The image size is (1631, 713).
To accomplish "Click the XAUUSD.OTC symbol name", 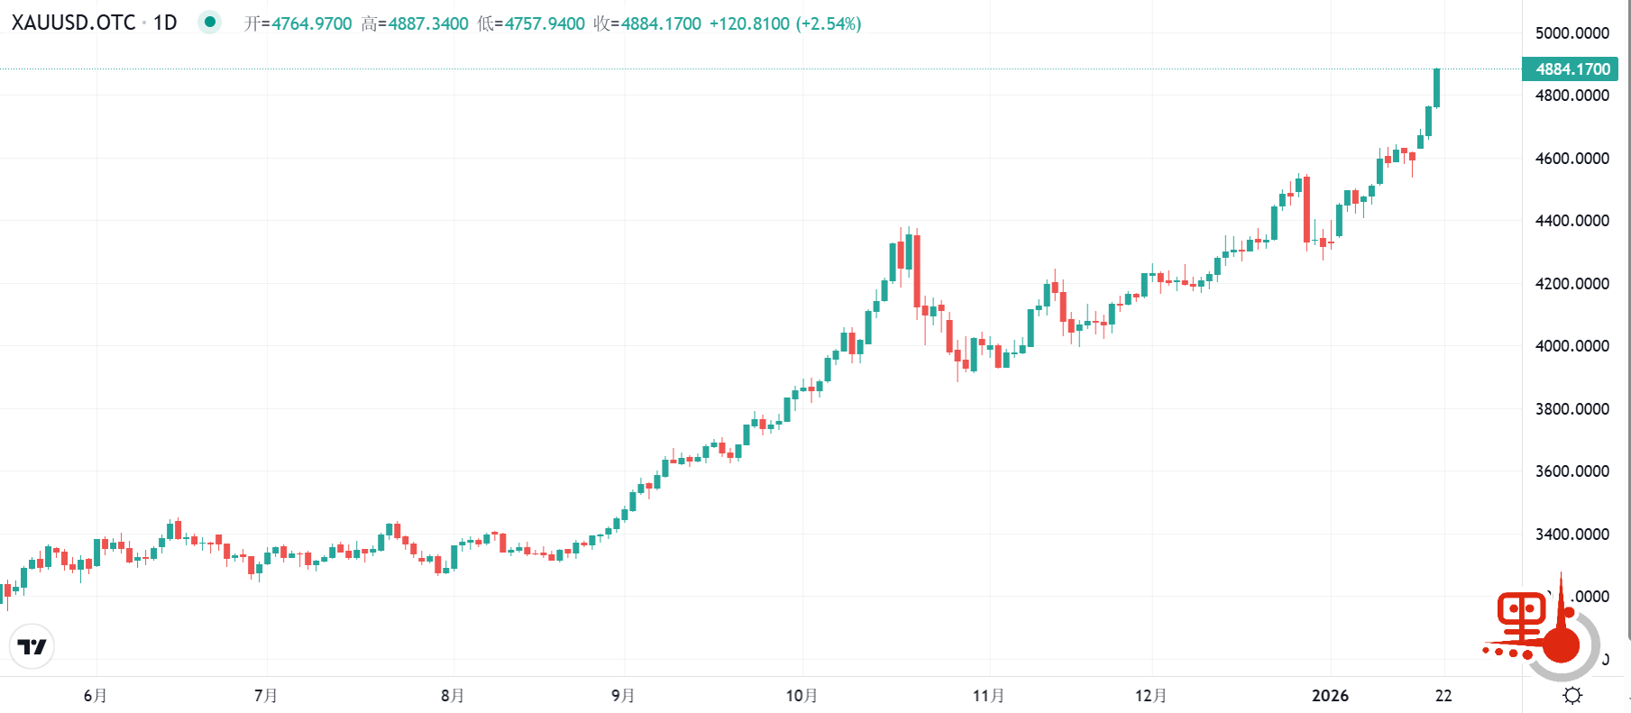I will coord(73,23).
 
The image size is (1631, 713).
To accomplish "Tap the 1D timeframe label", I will coord(165,23).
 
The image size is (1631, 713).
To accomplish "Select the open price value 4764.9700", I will coord(312,23).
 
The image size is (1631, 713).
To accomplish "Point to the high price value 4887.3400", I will coord(428,23).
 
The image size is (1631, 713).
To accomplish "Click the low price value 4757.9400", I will coord(545,23).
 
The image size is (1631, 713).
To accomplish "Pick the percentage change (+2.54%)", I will coord(829,23).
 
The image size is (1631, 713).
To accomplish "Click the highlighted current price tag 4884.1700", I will coord(1571,69).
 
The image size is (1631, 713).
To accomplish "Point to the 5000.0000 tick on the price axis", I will coord(1571,33).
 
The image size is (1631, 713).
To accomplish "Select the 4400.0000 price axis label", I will coord(1571,221).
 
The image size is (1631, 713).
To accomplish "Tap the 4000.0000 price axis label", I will coord(1571,346).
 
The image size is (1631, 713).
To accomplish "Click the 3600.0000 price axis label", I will coord(1571,471).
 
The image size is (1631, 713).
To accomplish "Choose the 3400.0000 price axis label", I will coord(1571,535).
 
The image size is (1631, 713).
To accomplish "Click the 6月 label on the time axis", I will coord(95,696).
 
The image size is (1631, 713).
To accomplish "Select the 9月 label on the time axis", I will coord(623,696).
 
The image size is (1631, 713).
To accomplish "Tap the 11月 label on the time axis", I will coord(988,696).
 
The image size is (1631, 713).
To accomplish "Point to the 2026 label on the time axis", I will coord(1330,696).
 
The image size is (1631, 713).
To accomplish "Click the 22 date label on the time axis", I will coord(1443,696).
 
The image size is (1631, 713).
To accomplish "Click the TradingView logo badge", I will coord(32,646).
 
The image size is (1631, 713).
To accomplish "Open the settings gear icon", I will coord(1572,695).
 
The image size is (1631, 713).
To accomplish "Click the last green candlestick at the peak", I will coord(1436,87).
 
